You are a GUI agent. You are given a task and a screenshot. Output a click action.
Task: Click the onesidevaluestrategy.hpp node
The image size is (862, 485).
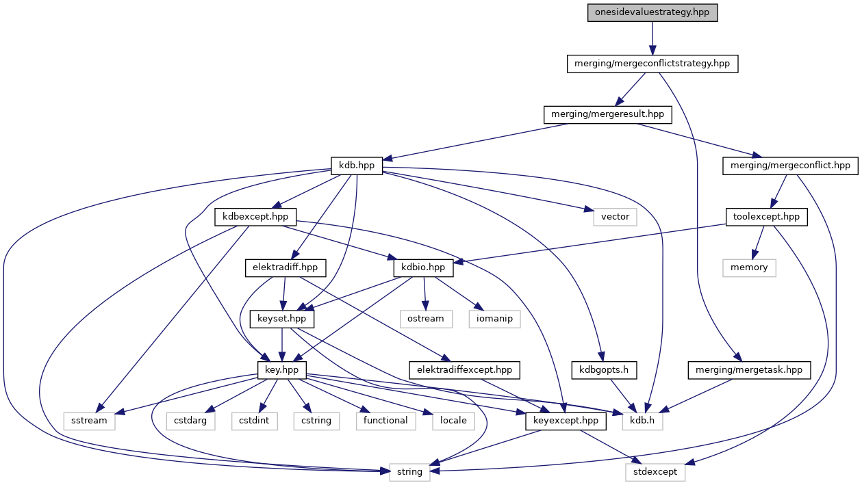[652, 13]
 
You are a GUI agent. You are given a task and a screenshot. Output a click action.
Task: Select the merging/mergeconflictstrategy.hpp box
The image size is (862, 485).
[652, 64]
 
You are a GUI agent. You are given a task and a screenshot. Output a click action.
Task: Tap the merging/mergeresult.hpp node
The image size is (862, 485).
[607, 114]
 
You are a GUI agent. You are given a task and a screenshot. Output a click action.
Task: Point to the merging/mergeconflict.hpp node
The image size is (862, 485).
[789, 165]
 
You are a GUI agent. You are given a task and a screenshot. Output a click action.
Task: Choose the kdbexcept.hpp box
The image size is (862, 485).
[255, 217]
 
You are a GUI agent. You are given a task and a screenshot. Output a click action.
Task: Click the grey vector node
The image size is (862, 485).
[615, 217]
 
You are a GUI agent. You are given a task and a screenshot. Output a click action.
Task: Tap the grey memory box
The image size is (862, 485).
[749, 267]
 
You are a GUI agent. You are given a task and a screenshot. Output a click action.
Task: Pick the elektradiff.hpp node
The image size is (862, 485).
[286, 267]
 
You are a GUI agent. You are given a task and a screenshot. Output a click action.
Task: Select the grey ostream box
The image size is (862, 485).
[425, 318]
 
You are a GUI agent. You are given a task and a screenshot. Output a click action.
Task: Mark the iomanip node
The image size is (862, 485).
[494, 318]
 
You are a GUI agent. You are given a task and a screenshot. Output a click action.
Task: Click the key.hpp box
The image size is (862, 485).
[281, 369]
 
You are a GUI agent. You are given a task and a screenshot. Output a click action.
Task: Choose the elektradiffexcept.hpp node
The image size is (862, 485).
[465, 369]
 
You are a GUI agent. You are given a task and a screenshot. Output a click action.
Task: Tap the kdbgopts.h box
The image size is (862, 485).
[605, 369]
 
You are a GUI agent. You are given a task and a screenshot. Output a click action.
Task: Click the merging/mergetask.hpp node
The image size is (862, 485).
[749, 369]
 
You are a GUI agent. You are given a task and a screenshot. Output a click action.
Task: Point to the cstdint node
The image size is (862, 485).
[254, 420]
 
